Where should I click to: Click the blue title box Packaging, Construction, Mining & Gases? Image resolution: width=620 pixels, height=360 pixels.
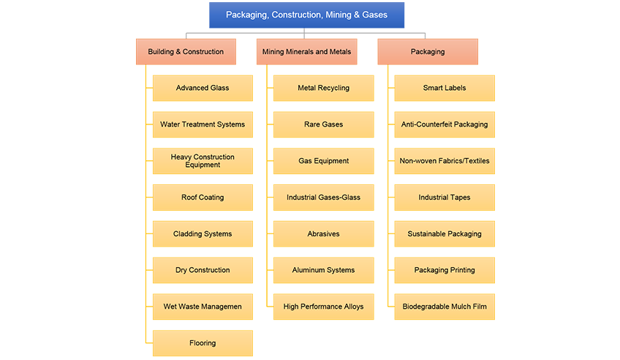click(x=306, y=15)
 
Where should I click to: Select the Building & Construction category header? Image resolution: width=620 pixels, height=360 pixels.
click(x=186, y=52)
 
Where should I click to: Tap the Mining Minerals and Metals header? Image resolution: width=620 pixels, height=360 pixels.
click(x=306, y=52)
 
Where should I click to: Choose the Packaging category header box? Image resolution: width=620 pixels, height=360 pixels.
click(x=428, y=52)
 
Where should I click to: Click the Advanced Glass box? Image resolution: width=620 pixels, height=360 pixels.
click(x=203, y=89)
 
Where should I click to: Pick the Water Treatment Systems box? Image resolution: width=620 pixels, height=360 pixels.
click(x=203, y=124)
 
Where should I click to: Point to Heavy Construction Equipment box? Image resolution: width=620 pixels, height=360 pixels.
click(x=203, y=161)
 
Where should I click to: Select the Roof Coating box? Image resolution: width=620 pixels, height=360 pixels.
click(x=203, y=198)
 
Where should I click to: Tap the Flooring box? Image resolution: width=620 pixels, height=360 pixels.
click(x=203, y=343)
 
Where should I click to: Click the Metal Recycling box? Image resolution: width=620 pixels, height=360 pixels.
click(x=323, y=89)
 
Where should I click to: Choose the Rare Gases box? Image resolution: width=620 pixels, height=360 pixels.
click(x=323, y=124)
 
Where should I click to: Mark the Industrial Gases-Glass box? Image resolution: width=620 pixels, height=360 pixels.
click(x=323, y=198)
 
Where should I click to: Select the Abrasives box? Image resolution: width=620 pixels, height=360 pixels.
click(x=323, y=234)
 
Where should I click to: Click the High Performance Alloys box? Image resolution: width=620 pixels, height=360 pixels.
click(x=323, y=307)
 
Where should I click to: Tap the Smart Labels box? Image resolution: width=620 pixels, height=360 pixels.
click(x=445, y=89)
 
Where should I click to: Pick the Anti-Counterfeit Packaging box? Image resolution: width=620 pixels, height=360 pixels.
click(x=445, y=124)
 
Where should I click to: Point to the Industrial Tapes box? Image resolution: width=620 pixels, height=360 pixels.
click(x=445, y=198)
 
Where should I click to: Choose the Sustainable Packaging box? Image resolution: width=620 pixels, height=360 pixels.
click(x=445, y=234)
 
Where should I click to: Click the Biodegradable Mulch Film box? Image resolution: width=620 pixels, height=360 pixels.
click(x=445, y=307)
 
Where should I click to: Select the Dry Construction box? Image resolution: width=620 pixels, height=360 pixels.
click(x=203, y=270)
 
